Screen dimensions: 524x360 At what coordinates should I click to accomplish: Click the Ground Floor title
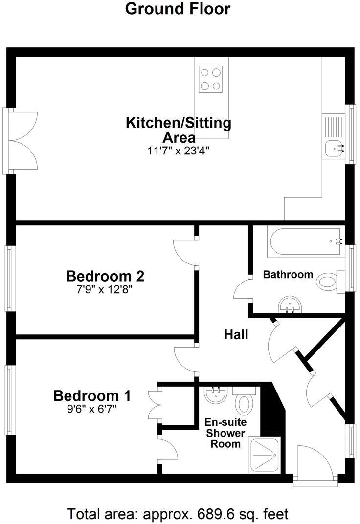click(x=178, y=9)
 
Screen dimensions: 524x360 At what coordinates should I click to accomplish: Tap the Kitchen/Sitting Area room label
click(x=179, y=130)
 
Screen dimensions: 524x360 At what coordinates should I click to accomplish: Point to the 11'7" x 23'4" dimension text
click(x=179, y=151)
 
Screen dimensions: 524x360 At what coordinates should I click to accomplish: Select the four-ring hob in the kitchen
click(x=211, y=79)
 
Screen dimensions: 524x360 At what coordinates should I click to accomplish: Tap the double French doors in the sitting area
click(x=23, y=140)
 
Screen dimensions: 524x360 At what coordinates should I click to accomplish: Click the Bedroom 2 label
click(x=105, y=276)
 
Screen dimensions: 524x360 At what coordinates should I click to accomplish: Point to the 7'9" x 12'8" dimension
click(x=105, y=289)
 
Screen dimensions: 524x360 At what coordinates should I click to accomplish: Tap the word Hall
click(x=236, y=335)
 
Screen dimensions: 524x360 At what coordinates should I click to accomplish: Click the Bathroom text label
click(x=288, y=275)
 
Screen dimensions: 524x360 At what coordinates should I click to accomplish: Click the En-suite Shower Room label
click(x=225, y=433)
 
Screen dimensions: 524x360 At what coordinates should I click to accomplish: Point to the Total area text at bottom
click(x=178, y=514)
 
